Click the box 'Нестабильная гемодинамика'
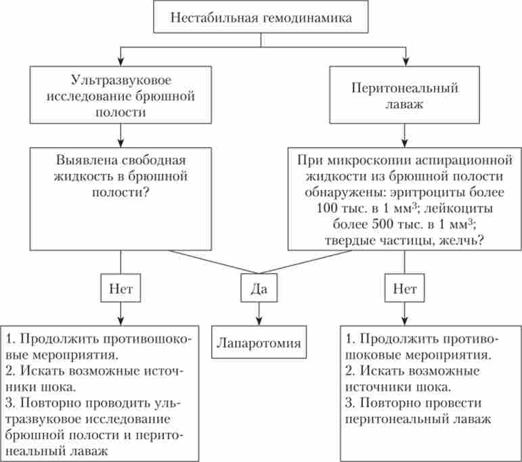(261, 18)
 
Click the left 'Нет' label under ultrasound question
(121, 290)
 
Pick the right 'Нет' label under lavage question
(405, 290)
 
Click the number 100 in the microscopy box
(330, 206)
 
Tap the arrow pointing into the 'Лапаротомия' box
(256, 318)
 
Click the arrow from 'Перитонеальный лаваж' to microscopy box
(405, 140)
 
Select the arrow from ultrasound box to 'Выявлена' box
(121, 140)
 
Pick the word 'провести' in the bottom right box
(453, 404)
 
